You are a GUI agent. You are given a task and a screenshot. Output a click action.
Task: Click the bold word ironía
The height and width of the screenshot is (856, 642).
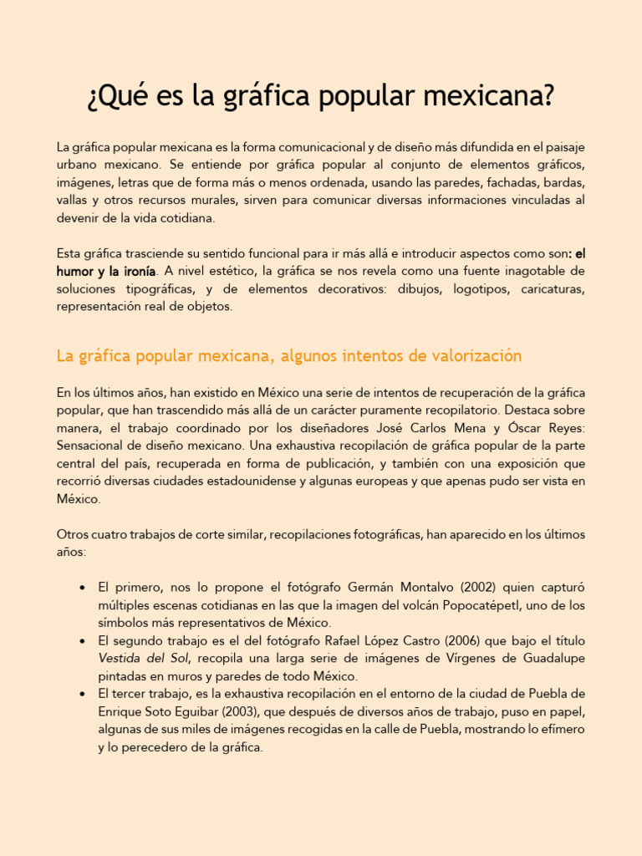click(x=138, y=271)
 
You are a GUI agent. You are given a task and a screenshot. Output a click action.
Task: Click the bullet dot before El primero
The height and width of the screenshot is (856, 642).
click(x=82, y=588)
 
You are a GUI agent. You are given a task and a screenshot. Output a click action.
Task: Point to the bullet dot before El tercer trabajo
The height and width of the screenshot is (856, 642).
click(x=82, y=695)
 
